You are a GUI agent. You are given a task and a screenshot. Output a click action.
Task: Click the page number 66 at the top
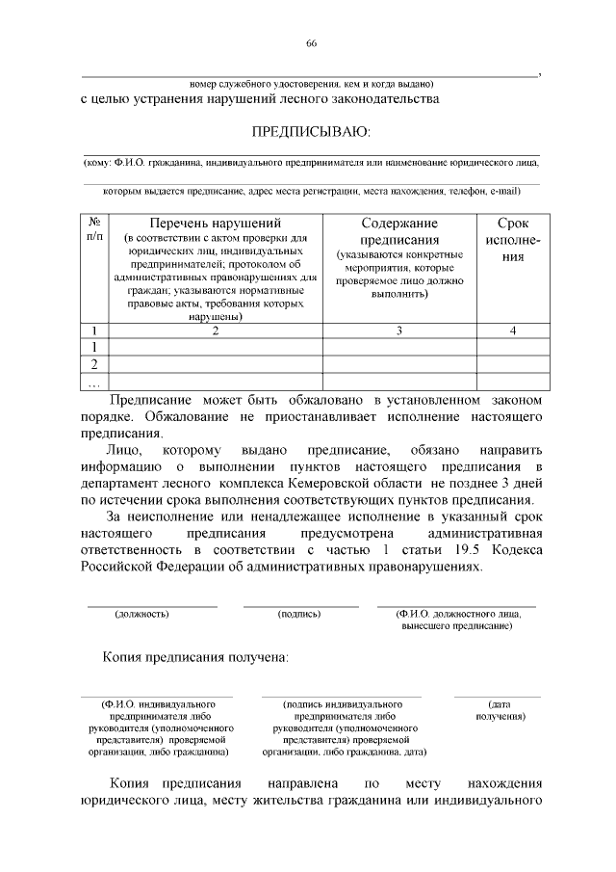311,43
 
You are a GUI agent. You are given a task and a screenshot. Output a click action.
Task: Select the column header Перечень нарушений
215,223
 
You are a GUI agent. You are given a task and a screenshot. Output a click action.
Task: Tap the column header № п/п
95,227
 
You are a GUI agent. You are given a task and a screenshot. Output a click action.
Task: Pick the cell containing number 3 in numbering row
398,330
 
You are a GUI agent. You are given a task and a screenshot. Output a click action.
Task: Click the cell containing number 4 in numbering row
513,330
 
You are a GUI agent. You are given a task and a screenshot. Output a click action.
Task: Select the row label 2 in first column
94,364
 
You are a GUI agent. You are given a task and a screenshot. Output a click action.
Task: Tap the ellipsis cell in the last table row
94,382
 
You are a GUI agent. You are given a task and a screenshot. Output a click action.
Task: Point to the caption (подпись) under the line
298,613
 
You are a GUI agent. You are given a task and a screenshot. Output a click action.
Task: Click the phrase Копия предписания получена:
195,657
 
